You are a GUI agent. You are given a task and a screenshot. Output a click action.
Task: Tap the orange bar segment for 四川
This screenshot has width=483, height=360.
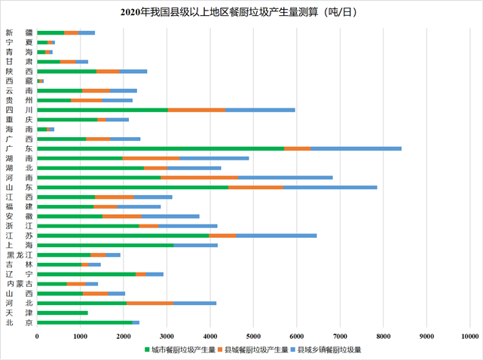(x=197, y=110)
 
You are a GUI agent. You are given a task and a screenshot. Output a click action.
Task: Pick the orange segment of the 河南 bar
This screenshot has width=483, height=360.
(x=199, y=177)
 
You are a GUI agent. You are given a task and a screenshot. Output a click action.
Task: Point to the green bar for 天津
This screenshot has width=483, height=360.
(x=62, y=313)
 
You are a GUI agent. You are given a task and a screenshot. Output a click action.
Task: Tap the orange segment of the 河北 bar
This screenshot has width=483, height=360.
(x=150, y=303)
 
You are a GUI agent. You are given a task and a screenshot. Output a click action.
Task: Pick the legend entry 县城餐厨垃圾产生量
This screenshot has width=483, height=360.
(x=256, y=349)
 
